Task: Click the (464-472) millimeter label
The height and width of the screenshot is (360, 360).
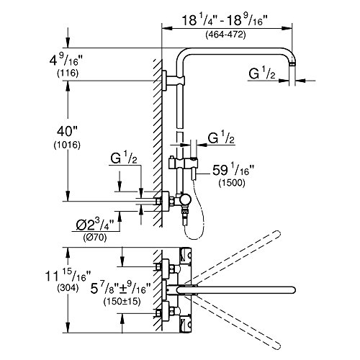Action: pyautogui.click(x=225, y=35)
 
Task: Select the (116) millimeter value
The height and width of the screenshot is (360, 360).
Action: pyautogui.click(x=68, y=73)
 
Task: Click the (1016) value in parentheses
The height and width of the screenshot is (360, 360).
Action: pyautogui.click(x=67, y=145)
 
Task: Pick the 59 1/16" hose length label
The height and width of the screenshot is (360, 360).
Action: pyautogui.click(x=233, y=171)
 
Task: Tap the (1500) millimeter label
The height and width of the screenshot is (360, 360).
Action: pyautogui.click(x=232, y=183)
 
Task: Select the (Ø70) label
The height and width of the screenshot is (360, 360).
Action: pyautogui.click(x=95, y=238)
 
